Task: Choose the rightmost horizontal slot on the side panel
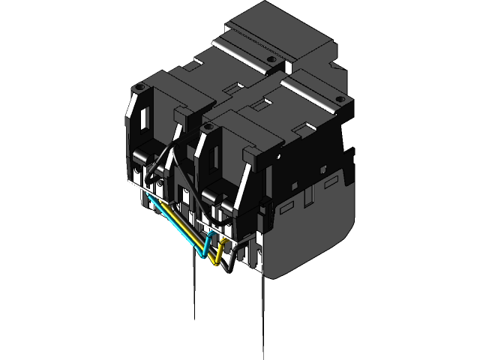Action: point(331,181)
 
